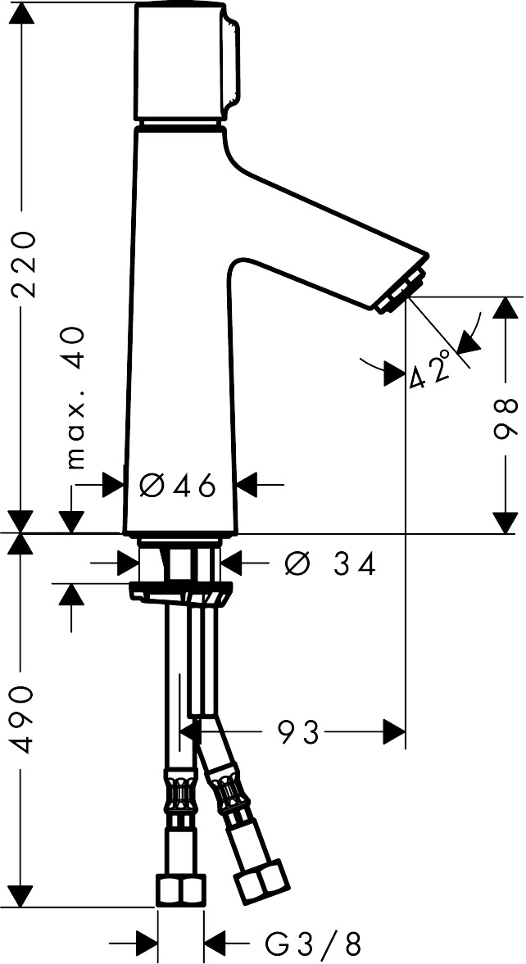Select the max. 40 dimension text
(x=75, y=397)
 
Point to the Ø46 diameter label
(x=179, y=486)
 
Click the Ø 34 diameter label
(x=330, y=563)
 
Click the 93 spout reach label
(x=299, y=731)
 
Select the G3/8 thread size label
(x=313, y=941)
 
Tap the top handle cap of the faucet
(x=184, y=61)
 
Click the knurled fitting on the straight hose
(x=180, y=792)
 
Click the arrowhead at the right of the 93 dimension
(x=394, y=731)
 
